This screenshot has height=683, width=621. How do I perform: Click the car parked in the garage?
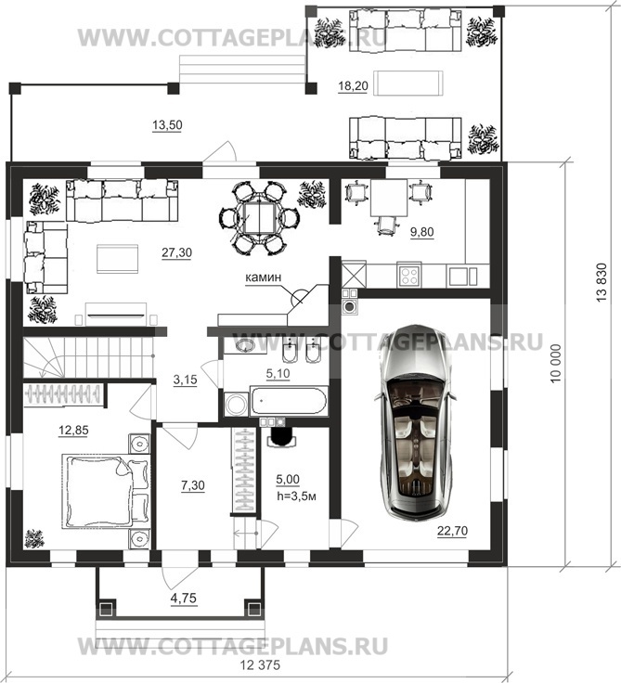(415, 422)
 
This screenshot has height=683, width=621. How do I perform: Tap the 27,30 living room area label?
(176, 252)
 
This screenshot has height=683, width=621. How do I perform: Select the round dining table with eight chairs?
(259, 218)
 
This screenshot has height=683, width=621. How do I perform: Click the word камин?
(264, 277)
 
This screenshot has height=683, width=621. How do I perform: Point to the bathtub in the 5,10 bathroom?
(288, 400)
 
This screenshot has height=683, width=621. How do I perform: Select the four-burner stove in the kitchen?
(409, 276)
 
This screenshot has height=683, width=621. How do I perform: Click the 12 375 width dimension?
(260, 665)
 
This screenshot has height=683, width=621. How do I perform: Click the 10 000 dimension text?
(555, 364)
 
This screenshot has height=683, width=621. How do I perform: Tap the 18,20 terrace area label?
(353, 86)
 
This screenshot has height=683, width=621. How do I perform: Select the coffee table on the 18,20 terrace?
(410, 84)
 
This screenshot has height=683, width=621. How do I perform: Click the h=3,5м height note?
(296, 496)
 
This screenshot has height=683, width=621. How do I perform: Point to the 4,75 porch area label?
(184, 599)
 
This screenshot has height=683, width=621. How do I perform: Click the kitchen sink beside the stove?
(463, 276)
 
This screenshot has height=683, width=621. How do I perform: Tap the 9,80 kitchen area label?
(421, 232)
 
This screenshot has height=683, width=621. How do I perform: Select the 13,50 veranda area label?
(167, 125)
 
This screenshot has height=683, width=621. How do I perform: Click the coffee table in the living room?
(117, 259)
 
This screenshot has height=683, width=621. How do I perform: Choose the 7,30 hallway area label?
(193, 485)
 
